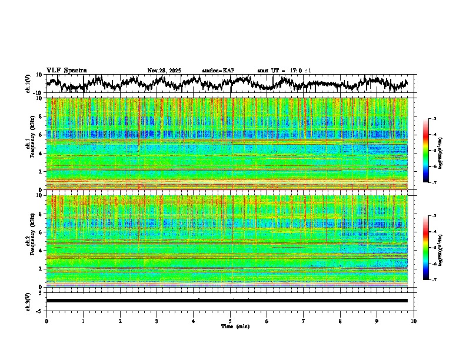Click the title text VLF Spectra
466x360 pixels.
click(x=66, y=71)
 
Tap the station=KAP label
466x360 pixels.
click(x=218, y=71)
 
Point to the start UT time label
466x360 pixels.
click(x=284, y=71)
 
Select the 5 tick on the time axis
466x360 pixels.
click(x=230, y=321)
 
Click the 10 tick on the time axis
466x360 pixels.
click(x=414, y=321)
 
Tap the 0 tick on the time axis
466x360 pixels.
click(x=46, y=321)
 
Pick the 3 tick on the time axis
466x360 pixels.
click(x=157, y=321)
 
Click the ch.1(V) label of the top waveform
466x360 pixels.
click(x=28, y=84)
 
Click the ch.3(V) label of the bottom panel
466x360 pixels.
click(x=28, y=301)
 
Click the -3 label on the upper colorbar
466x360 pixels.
click(x=433, y=119)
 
